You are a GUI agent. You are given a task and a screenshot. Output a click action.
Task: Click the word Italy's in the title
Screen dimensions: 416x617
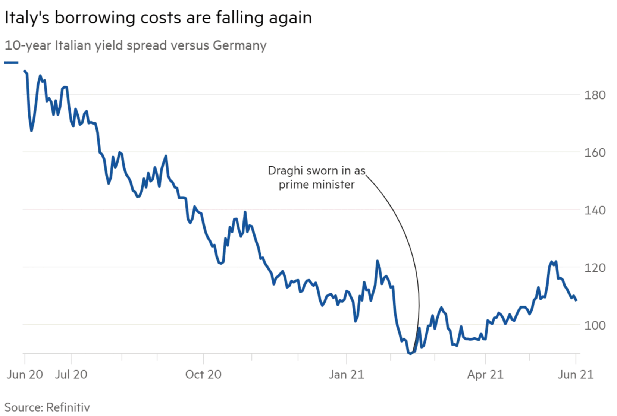[26, 18]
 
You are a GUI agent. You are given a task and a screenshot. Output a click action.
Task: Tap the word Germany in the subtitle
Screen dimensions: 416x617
[239, 45]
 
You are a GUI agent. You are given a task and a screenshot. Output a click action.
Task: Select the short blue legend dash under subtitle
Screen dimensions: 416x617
[11, 63]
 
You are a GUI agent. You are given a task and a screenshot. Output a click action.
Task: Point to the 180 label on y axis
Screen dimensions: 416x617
[595, 95]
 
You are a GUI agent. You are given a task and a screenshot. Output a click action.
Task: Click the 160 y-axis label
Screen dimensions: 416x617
[595, 152]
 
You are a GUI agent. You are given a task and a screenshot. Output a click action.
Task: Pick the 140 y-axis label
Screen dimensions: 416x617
[595, 210]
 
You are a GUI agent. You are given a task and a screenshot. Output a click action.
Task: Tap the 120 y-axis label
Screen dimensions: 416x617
[595, 268]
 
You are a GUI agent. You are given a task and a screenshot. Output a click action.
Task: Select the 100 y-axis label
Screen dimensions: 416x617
[595, 325]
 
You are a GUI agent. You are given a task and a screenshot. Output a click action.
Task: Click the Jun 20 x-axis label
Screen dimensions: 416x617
[25, 374]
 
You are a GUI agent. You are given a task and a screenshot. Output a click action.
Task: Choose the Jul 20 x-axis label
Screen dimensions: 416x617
[71, 374]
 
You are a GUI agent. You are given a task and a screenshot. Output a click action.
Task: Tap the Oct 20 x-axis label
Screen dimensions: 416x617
[203, 374]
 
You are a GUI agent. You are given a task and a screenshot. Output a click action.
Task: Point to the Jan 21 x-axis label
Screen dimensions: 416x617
[346, 374]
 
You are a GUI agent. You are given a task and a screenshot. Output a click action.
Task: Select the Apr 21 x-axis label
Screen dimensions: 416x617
[485, 374]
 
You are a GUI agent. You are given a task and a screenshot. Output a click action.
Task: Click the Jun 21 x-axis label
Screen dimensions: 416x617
[576, 374]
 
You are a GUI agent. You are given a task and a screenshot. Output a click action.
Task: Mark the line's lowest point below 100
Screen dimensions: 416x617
[410, 353]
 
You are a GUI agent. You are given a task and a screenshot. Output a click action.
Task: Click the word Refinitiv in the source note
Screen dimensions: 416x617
[68, 407]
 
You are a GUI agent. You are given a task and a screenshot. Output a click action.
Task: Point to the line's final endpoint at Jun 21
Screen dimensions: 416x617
[576, 300]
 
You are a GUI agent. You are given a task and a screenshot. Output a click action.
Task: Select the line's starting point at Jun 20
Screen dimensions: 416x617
[25, 71]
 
